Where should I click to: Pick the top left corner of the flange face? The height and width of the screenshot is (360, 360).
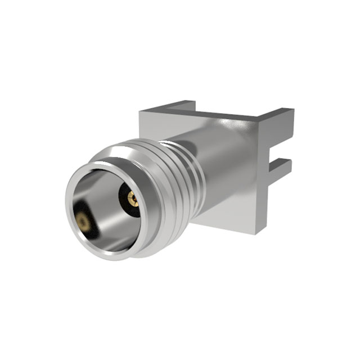click(142, 112)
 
